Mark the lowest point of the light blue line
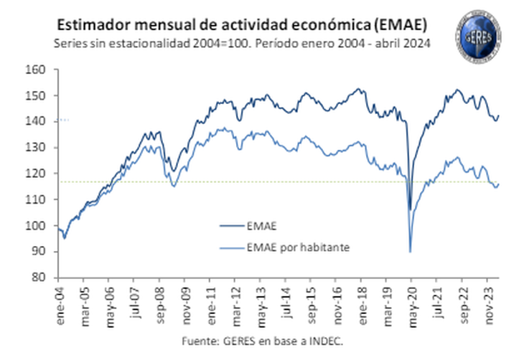pyautogui.click(x=410, y=252)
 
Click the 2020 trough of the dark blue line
pyautogui.click(x=410, y=209)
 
